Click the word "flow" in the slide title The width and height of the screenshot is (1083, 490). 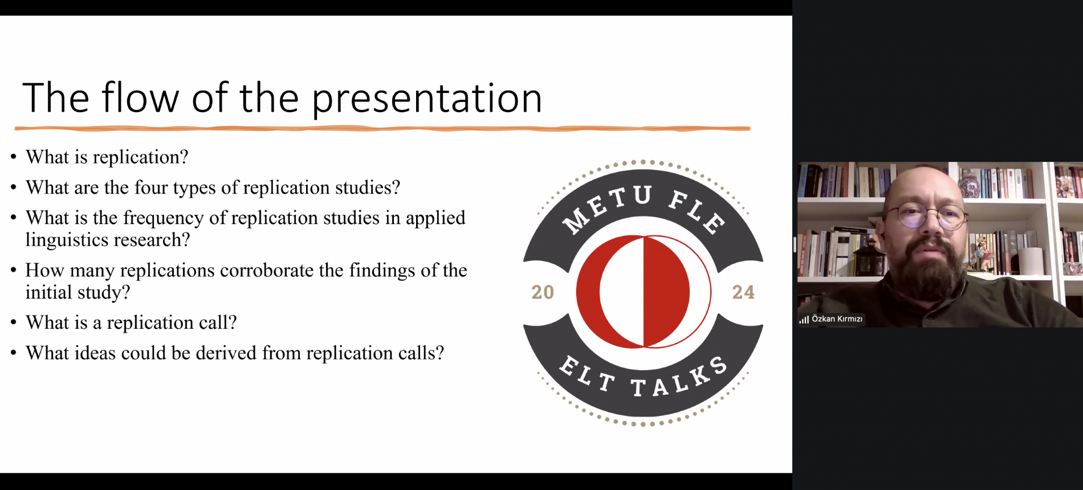coord(140,97)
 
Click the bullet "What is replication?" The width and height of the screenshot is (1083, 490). coord(107,157)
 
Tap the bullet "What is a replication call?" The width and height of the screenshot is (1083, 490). coord(131,322)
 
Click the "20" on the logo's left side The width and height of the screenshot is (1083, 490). coord(543,292)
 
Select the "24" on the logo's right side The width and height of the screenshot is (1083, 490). coord(743,292)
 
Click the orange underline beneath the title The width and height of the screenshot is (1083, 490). coord(382,129)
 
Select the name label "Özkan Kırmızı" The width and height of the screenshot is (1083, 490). coord(837,319)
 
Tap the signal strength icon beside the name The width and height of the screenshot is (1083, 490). coord(804,320)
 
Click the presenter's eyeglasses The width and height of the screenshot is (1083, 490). coord(926,217)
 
